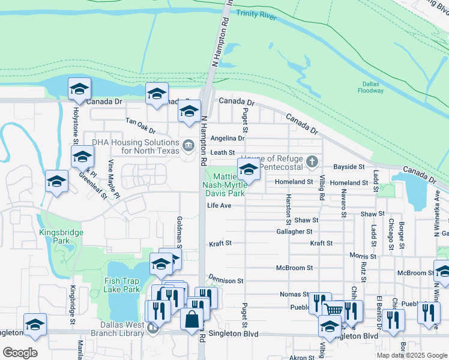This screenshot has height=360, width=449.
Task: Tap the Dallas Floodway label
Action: click(373, 87)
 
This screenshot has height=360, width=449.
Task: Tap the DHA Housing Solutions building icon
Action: click(188, 144)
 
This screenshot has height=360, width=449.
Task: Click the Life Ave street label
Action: click(219, 205)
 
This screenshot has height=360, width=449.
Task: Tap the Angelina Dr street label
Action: click(228, 138)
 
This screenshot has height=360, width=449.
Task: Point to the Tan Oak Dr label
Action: click(140, 125)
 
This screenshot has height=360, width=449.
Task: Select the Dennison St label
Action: click(226, 280)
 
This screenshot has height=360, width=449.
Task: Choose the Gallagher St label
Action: click(294, 231)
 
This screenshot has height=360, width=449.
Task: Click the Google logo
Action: click(20, 353)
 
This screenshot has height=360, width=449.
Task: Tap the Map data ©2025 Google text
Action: click(412, 355)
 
